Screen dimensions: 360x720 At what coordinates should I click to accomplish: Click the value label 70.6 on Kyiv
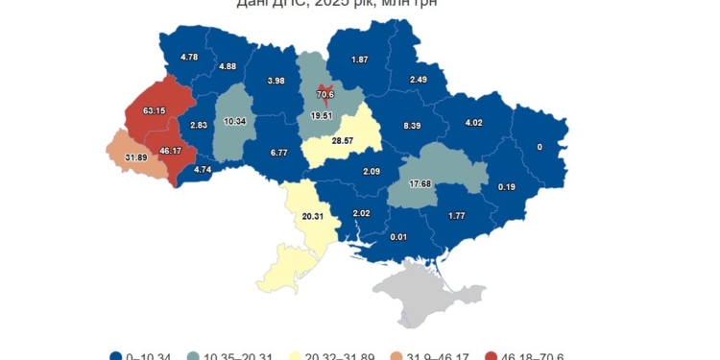(324, 94)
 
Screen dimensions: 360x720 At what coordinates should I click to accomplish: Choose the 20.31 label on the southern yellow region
(313, 216)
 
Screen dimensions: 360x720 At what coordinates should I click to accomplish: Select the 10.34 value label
(234, 122)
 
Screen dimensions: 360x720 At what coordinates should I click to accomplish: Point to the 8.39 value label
(413, 126)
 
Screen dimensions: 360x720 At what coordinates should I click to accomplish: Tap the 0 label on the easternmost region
(540, 147)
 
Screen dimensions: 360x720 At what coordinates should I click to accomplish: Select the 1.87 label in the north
(360, 60)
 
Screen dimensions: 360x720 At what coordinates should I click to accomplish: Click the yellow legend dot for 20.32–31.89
(297, 356)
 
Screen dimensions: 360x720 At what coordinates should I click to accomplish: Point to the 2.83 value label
(199, 126)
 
